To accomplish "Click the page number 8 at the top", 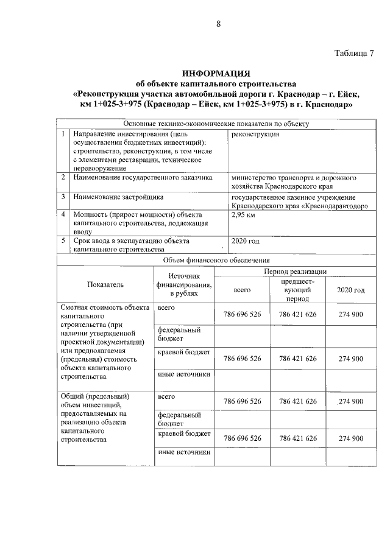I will click(x=218, y=24).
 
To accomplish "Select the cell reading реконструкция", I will click(x=255, y=134).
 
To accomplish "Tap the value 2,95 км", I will click(x=244, y=215).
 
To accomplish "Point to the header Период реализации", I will click(x=296, y=270).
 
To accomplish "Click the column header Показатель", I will click(x=105, y=284).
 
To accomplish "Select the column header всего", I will click(x=243, y=290).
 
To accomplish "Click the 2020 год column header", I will click(x=350, y=290).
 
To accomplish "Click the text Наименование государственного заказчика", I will click(x=142, y=178).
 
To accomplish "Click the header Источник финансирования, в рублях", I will click(x=184, y=285).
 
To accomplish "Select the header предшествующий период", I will click(x=298, y=290).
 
